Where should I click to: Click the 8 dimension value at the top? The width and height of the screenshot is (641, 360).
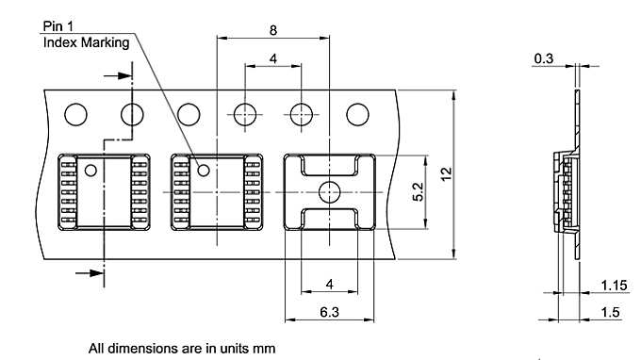pos(273,30)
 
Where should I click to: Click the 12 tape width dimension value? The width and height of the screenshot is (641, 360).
pos(447,173)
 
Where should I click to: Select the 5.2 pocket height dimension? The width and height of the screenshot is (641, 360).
pos(419,191)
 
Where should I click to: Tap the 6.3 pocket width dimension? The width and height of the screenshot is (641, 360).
pos(330,312)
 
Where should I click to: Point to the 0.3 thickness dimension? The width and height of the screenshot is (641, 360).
pos(544,58)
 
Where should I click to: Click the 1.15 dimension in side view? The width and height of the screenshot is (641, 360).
pos(614,286)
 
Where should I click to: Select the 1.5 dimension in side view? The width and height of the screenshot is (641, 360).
pos(610,312)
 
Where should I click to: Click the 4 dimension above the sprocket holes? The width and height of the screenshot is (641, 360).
pos(273,58)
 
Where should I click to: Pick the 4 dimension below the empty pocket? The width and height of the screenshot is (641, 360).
pos(330,284)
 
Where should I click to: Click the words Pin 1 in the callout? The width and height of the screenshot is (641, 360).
pos(58,26)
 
